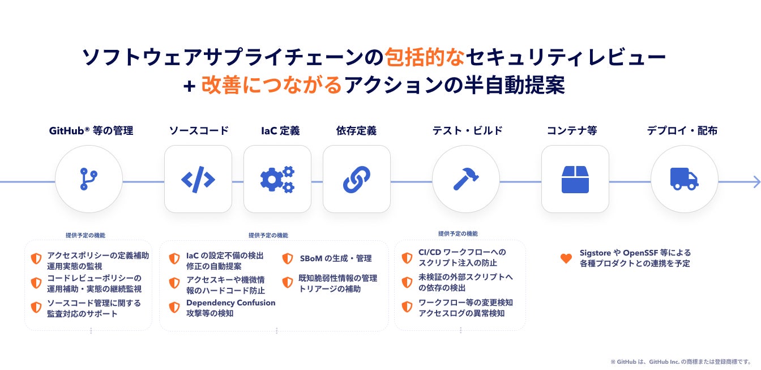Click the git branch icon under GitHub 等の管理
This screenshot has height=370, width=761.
click(88, 179)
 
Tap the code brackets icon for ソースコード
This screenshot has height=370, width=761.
click(198, 179)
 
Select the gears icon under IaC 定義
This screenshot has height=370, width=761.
click(277, 179)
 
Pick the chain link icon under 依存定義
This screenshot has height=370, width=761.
click(356, 179)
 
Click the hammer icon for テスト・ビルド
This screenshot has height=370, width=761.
click(465, 179)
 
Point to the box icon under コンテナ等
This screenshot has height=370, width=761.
click(575, 179)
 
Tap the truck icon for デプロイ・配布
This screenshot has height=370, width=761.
click(684, 179)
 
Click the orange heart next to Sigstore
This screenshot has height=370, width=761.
click(566, 258)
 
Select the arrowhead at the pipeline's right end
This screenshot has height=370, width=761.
click(756, 181)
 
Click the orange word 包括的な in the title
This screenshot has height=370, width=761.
click(425, 57)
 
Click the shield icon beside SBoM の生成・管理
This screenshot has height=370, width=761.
click(288, 258)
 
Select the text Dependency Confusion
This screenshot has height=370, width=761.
click(230, 303)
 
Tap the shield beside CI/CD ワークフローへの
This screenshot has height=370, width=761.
click(407, 258)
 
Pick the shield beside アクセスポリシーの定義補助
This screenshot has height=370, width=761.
click(36, 258)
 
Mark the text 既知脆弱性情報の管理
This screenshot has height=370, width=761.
click(337, 278)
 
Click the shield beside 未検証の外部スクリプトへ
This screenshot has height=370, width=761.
click(407, 282)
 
